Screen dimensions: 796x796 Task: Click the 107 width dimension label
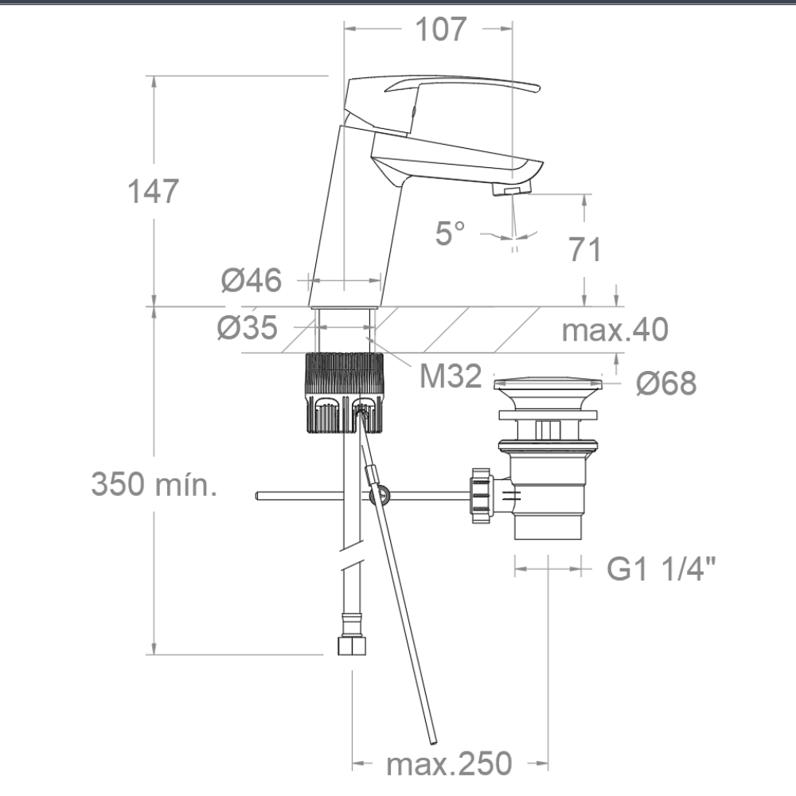click(440, 29)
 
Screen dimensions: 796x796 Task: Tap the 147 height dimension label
click(153, 191)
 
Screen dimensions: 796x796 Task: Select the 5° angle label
click(450, 233)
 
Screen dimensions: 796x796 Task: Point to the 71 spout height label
click(585, 249)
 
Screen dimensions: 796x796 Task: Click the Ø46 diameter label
click(252, 280)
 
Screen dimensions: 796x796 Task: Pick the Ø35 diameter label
click(248, 327)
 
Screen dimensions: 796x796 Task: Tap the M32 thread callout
click(451, 377)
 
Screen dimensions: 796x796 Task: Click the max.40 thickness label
click(615, 330)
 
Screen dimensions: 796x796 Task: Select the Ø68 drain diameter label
click(666, 384)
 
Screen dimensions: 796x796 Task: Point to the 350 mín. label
click(154, 484)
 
